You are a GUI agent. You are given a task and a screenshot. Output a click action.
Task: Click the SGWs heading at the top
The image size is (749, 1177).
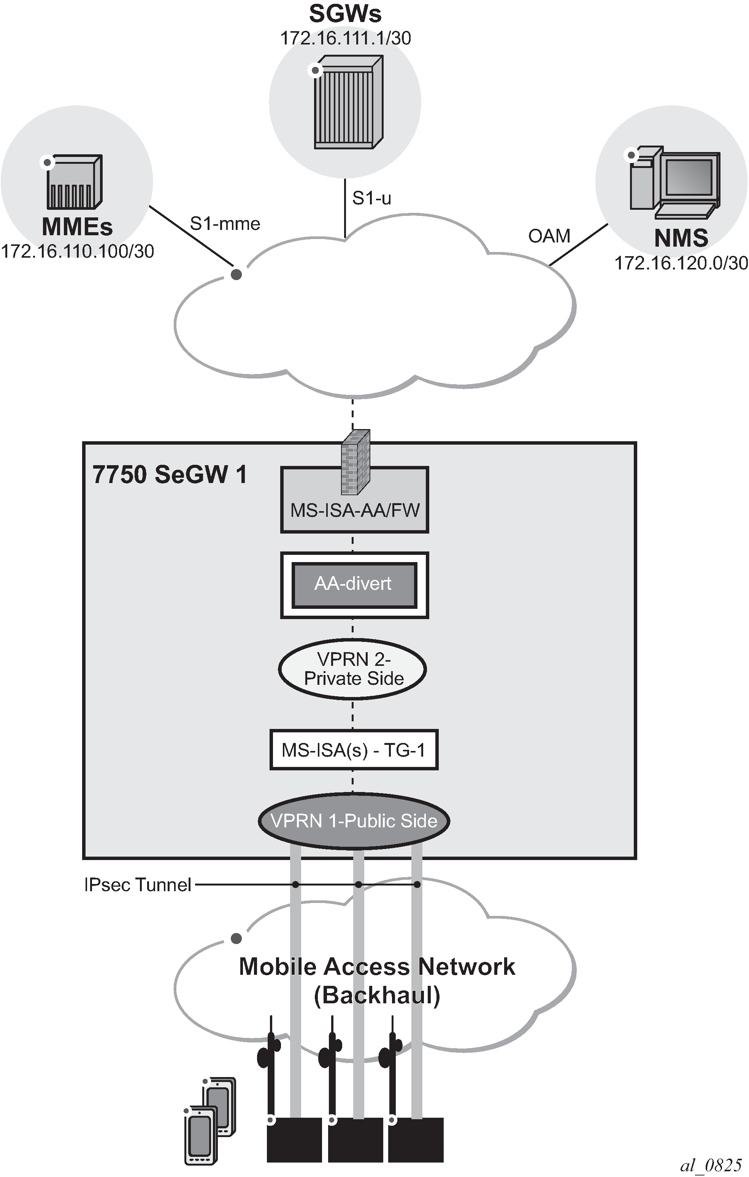pyautogui.click(x=345, y=14)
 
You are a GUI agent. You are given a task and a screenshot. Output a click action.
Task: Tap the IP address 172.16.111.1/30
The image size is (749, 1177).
pyautogui.click(x=345, y=38)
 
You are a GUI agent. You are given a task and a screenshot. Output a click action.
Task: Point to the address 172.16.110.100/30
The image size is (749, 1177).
pyautogui.click(x=77, y=251)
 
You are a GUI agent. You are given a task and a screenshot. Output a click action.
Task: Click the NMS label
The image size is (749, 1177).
pyautogui.click(x=681, y=238)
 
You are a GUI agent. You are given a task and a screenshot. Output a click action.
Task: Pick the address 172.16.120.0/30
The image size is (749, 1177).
pyautogui.click(x=681, y=263)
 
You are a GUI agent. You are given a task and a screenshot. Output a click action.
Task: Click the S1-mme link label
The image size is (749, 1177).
pyautogui.click(x=225, y=224)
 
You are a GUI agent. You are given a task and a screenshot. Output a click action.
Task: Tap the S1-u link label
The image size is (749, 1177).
pyautogui.click(x=371, y=198)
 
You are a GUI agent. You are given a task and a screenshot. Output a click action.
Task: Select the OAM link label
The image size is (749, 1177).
pyautogui.click(x=549, y=236)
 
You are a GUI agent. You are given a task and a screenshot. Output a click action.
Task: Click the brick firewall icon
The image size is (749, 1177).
pyautogui.click(x=355, y=462)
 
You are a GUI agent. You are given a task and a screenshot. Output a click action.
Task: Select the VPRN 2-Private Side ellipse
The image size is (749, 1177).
pyautogui.click(x=352, y=669)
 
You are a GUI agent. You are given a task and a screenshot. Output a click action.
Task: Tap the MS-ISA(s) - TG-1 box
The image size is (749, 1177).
pyautogui.click(x=354, y=750)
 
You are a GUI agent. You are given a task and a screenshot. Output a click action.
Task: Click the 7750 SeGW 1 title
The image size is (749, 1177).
pyautogui.click(x=170, y=475)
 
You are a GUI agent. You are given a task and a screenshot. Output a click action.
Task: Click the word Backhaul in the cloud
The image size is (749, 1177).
pyautogui.click(x=376, y=995)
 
